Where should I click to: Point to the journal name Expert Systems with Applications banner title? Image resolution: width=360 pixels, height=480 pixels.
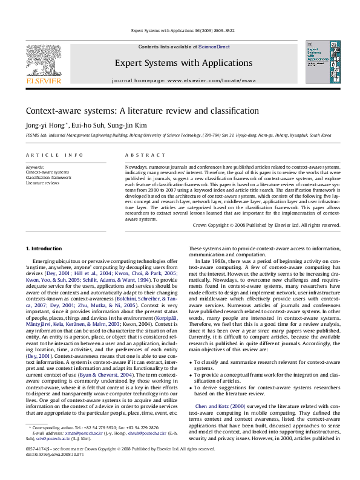[180, 62]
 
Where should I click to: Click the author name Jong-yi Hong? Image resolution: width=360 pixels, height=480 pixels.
[45, 125]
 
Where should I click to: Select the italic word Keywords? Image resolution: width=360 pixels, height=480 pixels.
[34, 166]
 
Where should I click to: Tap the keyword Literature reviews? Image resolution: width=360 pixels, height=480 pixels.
[42, 183]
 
